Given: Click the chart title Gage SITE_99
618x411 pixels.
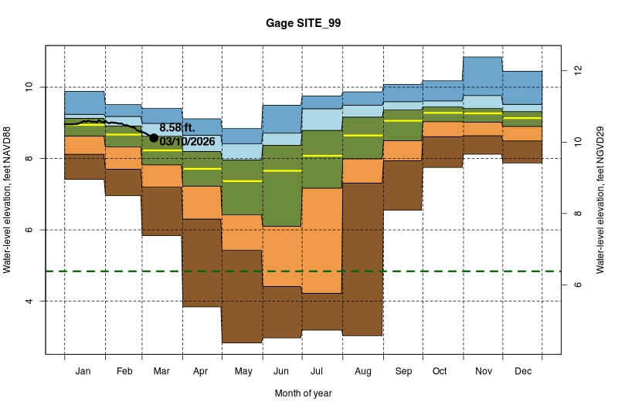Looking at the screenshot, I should (x=303, y=24).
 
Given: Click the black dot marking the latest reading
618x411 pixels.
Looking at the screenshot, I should (x=154, y=138).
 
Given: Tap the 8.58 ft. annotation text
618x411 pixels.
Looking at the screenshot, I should (x=178, y=127).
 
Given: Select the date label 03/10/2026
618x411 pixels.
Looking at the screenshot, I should (x=187, y=141).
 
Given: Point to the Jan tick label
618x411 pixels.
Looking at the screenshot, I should (x=84, y=372).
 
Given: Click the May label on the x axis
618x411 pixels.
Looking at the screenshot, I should (x=243, y=372).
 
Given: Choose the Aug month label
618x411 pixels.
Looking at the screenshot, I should (x=363, y=372).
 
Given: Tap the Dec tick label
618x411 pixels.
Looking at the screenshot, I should (x=522, y=372).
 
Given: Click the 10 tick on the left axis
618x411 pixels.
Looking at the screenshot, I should (x=32, y=87).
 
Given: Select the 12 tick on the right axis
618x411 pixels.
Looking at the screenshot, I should (x=576, y=71).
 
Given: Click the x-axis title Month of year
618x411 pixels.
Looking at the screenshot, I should (x=303, y=393).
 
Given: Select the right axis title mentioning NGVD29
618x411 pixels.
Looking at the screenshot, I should (x=600, y=200).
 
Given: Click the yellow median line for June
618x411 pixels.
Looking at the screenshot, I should (x=282, y=170).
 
